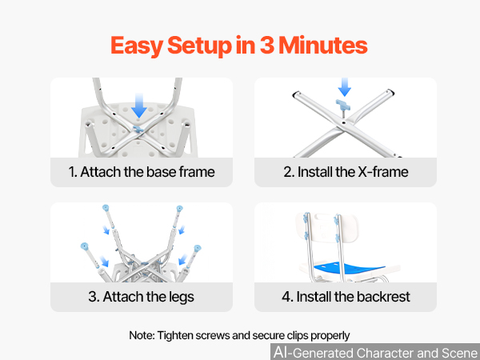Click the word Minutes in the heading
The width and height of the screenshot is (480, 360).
coord(323,46)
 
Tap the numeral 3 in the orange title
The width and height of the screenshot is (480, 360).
coord(267,46)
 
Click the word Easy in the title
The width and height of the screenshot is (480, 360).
coord(137,46)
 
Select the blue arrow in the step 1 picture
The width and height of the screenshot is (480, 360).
coord(139,106)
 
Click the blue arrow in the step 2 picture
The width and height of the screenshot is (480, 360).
coord(344,87)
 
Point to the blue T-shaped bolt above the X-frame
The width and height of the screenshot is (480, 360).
coord(343,105)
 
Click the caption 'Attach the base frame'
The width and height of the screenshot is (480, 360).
coord(147,172)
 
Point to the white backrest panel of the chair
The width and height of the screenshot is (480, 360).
coord(326,227)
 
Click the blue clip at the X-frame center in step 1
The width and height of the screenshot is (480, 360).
coord(138,130)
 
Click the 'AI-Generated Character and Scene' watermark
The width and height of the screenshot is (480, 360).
coord(376,352)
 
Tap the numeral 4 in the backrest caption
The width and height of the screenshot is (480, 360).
coord(286,297)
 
